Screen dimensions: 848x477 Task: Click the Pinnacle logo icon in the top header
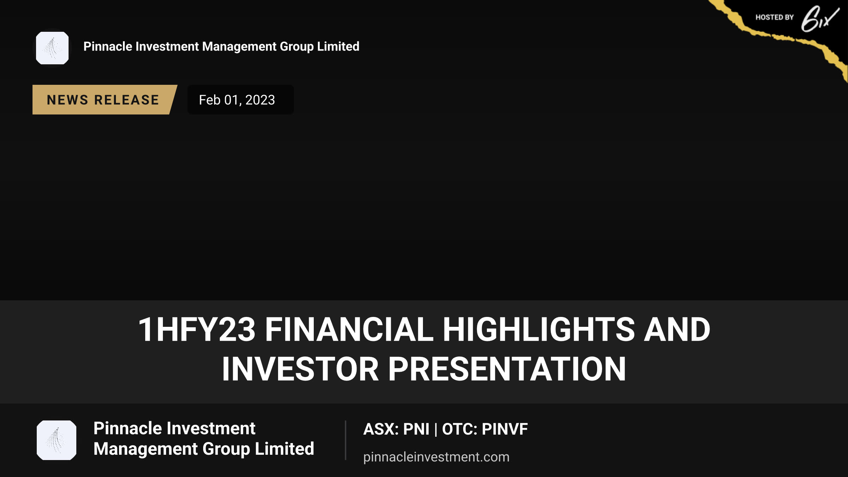click(x=52, y=48)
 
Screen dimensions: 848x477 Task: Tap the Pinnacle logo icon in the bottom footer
click(x=57, y=440)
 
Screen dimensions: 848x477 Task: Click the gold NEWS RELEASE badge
click(x=105, y=100)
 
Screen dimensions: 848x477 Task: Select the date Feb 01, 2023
click(x=237, y=100)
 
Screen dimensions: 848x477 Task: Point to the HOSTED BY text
click(x=775, y=17)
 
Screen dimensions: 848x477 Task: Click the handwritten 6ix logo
click(x=820, y=19)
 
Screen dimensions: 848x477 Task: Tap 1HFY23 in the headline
click(x=197, y=329)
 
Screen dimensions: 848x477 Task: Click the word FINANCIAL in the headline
click(x=349, y=329)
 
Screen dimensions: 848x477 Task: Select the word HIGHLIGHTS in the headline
click(x=539, y=329)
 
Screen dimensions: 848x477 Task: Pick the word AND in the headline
click(x=677, y=329)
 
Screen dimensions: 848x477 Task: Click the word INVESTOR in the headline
click(x=300, y=369)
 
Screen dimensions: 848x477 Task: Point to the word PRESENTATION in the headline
click(x=507, y=369)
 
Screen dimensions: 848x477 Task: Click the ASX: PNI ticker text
click(x=396, y=429)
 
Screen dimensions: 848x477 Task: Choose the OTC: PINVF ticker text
click(x=485, y=429)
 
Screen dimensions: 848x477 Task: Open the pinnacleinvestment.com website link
click(x=436, y=457)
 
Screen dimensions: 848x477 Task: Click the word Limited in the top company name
click(x=338, y=46)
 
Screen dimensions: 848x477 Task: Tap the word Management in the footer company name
click(x=146, y=449)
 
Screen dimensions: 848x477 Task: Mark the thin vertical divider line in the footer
click(x=346, y=440)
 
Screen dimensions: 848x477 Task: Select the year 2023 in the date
click(x=260, y=100)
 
